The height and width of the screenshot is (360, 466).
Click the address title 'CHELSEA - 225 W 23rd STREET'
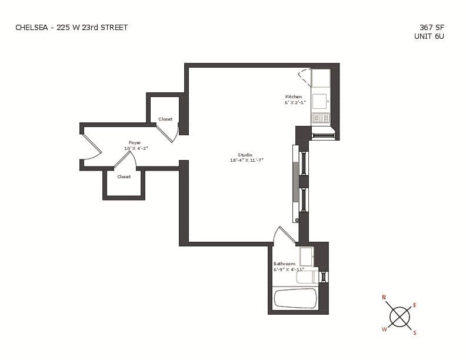[71, 27]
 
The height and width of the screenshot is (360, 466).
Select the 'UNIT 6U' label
[430, 36]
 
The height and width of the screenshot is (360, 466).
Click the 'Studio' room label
[245, 155]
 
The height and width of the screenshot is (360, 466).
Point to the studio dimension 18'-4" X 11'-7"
[247, 160]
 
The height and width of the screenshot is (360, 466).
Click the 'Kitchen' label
[294, 96]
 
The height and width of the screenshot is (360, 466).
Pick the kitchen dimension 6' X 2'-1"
[295, 102]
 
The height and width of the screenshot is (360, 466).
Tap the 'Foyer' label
[135, 142]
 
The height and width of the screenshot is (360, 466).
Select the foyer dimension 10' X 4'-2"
[136, 148]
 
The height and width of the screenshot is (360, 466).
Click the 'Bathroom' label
[284, 264]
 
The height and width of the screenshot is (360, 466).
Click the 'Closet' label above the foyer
[165, 119]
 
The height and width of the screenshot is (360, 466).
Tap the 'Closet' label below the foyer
[124, 176]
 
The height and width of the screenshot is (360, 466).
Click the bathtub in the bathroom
[295, 298]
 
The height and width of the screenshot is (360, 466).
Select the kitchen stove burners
[321, 118]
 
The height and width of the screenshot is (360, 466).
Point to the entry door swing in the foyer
[91, 148]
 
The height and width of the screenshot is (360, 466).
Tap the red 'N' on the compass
[384, 298]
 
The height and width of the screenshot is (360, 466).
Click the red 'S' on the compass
[414, 333]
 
